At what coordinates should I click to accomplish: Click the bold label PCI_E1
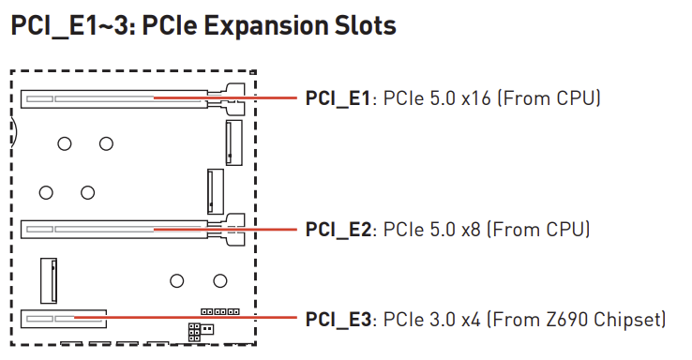click(338, 98)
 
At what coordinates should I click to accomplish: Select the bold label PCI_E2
click(338, 230)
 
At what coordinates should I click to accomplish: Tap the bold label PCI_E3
click(338, 320)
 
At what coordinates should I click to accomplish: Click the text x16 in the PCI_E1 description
click(476, 98)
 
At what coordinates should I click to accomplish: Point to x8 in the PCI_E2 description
click(471, 230)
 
